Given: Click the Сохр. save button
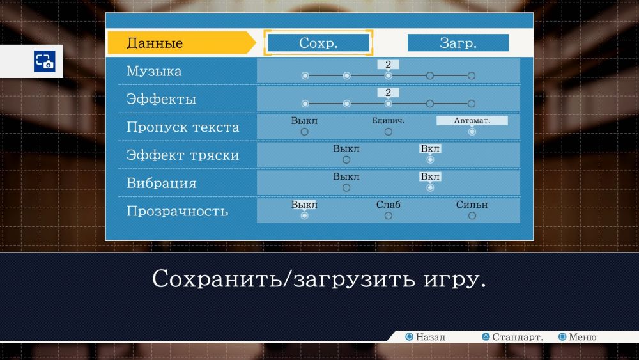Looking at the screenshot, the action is pos(318,43).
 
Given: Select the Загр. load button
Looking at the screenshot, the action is pos(458,43).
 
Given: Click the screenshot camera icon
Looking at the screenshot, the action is pos(45,61).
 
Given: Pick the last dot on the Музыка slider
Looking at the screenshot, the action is pos(472,76).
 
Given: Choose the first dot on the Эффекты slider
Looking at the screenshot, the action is pos(305,104).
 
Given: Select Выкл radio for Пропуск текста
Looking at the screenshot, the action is pos(304,132).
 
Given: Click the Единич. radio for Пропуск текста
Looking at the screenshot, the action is pos(389,132).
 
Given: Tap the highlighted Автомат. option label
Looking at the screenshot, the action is pos(472,121).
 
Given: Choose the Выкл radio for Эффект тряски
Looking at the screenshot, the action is pos(346,160).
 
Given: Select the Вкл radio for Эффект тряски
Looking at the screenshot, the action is pos(430,160).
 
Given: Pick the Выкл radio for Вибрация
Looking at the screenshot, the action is pos(346,188).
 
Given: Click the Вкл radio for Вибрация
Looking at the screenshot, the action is pos(430,188).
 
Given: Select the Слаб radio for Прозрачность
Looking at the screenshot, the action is pos(389,215).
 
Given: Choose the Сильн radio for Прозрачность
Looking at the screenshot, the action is pos(472,215).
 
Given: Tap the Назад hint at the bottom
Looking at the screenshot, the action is pos(426,337).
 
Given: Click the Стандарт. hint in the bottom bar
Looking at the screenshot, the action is pos(512,337).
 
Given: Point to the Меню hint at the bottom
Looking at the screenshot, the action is pos(578,337).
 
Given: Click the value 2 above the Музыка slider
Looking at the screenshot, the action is pos(389,65).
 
